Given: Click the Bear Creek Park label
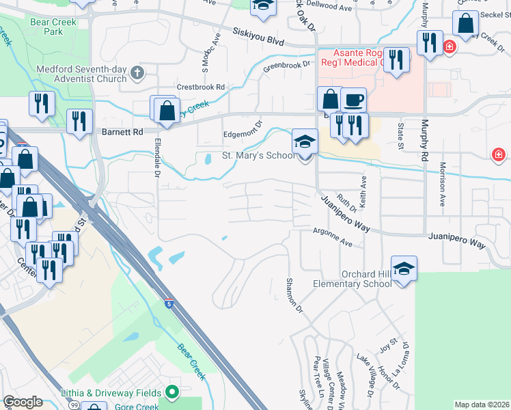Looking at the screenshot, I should [x=53, y=27].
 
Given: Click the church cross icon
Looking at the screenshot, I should [x=137, y=72].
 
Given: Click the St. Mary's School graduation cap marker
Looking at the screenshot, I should [x=305, y=143].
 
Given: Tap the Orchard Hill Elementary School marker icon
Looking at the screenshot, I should [x=404, y=269].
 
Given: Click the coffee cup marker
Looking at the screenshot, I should [x=353, y=100].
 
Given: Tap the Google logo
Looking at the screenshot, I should [x=22, y=402].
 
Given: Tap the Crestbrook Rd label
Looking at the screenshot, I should [x=201, y=87].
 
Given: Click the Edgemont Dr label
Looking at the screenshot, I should [x=243, y=131].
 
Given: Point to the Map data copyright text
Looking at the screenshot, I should [x=481, y=405].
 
